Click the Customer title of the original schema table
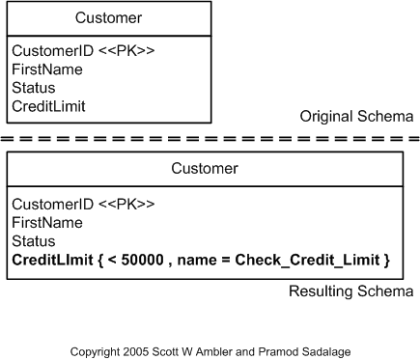click(x=108, y=17)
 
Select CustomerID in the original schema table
click(x=47, y=50)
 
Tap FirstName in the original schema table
click(x=46, y=69)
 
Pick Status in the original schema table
click(x=34, y=88)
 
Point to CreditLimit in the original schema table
click(x=49, y=106)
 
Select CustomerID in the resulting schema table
click(x=47, y=204)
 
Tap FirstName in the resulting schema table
click(x=46, y=222)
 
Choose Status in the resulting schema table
click(x=34, y=241)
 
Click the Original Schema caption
click(x=356, y=117)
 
